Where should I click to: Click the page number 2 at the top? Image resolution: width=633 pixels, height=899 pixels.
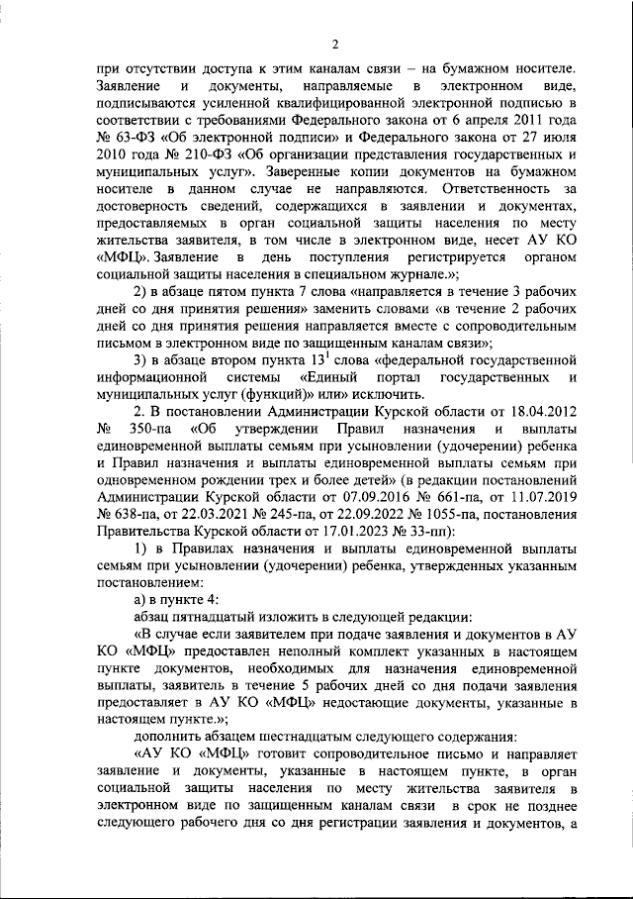(334, 44)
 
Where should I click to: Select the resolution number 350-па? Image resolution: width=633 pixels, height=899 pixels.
(149, 429)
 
